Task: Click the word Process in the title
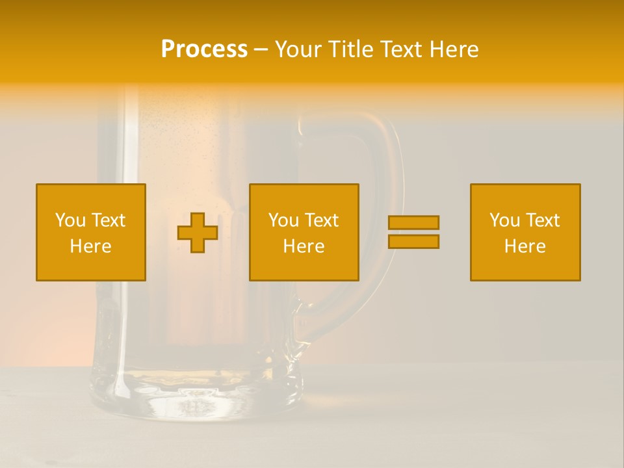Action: coord(204,49)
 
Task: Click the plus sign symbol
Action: coord(198,233)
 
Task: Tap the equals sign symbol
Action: coord(413,232)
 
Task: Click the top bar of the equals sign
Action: coord(413,223)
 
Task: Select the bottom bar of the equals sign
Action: coord(413,241)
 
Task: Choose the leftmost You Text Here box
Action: coord(91,232)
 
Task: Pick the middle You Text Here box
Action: coord(304,232)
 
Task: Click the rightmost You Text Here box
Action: coord(525,232)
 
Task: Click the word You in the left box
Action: coord(70,220)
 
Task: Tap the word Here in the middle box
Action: coord(304,246)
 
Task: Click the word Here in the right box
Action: coord(525,246)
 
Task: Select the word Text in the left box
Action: coord(108,220)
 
